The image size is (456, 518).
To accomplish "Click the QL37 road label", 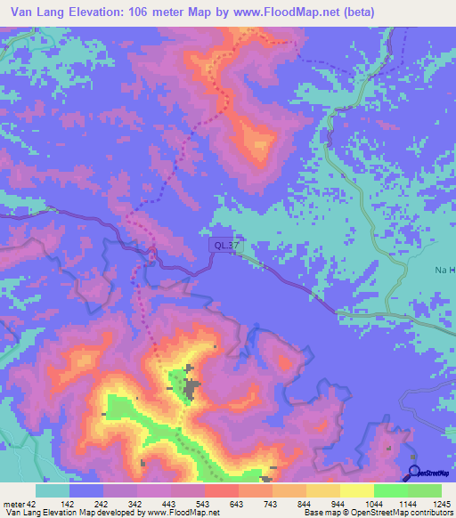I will [224, 244].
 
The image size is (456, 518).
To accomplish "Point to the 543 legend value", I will [203, 504].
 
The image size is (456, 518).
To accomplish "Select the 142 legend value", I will [69, 504].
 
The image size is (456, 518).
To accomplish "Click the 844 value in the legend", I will [305, 504].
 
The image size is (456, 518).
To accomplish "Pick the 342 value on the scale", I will [136, 504].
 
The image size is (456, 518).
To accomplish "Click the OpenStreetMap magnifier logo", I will [415, 473].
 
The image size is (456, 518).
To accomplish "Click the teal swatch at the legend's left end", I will [52, 490].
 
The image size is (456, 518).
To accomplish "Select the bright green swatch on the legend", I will [390, 490].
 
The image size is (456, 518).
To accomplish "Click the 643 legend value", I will [237, 504].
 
